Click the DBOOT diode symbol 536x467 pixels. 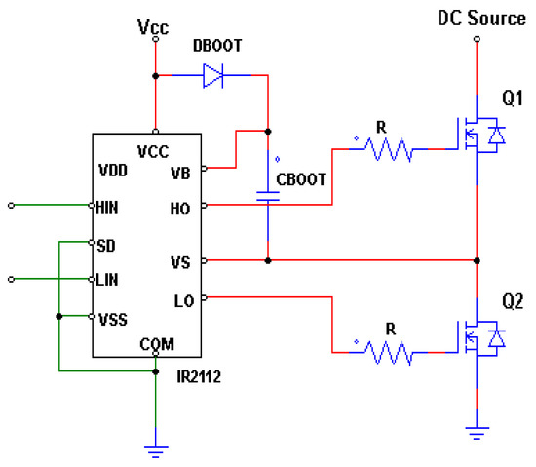click(x=212, y=76)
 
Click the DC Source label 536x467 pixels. click(x=477, y=18)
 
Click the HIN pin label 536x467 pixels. click(x=106, y=207)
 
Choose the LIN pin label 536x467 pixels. click(x=106, y=280)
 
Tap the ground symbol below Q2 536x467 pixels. click(x=476, y=431)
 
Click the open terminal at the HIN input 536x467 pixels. click(x=12, y=206)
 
